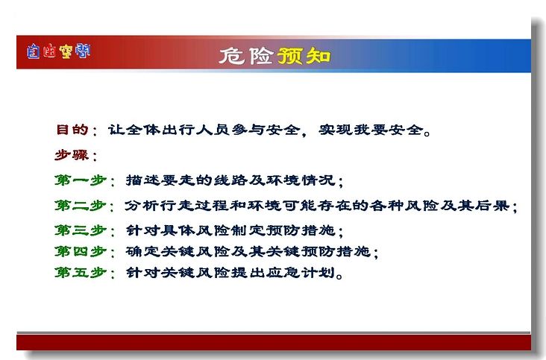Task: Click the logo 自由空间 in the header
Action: [58, 51]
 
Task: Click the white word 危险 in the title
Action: [246, 56]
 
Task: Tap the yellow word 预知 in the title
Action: [304, 56]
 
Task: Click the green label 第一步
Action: [81, 180]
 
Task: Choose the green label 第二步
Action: [81, 206]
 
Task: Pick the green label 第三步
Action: [81, 230]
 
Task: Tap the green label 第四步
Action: [81, 251]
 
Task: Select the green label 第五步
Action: [81, 272]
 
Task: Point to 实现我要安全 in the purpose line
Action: [371, 130]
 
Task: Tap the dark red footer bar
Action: [274, 342]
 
